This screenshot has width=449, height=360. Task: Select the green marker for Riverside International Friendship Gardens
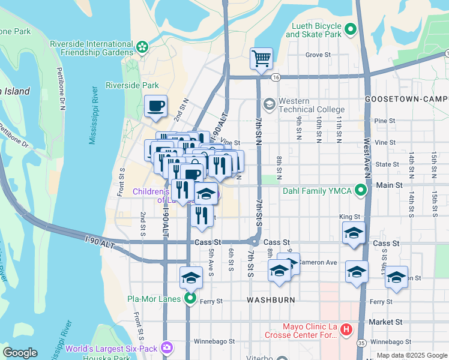[142, 47]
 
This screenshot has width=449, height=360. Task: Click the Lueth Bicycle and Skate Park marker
[350, 29]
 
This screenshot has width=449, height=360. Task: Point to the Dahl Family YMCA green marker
[360, 191]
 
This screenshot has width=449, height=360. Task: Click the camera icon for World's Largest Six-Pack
[166, 347]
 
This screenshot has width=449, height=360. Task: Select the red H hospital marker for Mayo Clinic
[346, 329]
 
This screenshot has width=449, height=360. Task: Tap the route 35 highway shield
[361, 343]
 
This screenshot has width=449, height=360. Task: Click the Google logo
[20, 352]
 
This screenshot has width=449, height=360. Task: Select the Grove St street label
[318, 55]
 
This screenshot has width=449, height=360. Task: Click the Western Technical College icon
[269, 104]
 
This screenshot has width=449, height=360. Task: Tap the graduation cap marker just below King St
[354, 233]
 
